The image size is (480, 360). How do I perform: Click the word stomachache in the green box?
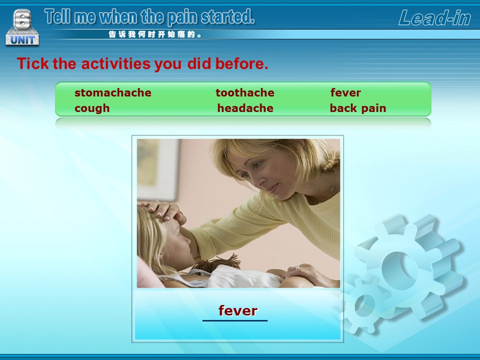(113, 92)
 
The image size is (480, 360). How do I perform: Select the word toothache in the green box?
(245, 92)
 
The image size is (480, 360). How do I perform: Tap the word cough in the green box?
(92, 108)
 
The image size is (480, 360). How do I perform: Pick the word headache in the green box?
(245, 108)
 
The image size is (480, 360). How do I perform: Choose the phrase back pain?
(358, 108)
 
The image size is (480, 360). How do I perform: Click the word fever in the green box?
(345, 92)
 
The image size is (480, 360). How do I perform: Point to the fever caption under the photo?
(238, 310)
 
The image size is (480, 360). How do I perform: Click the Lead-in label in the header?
(434, 18)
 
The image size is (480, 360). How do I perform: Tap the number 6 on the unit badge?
(22, 19)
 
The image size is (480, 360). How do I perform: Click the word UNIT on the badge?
(22, 40)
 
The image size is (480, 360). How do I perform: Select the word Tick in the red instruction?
(33, 63)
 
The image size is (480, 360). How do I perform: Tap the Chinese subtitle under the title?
(155, 34)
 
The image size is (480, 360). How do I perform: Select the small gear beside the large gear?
(364, 303)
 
